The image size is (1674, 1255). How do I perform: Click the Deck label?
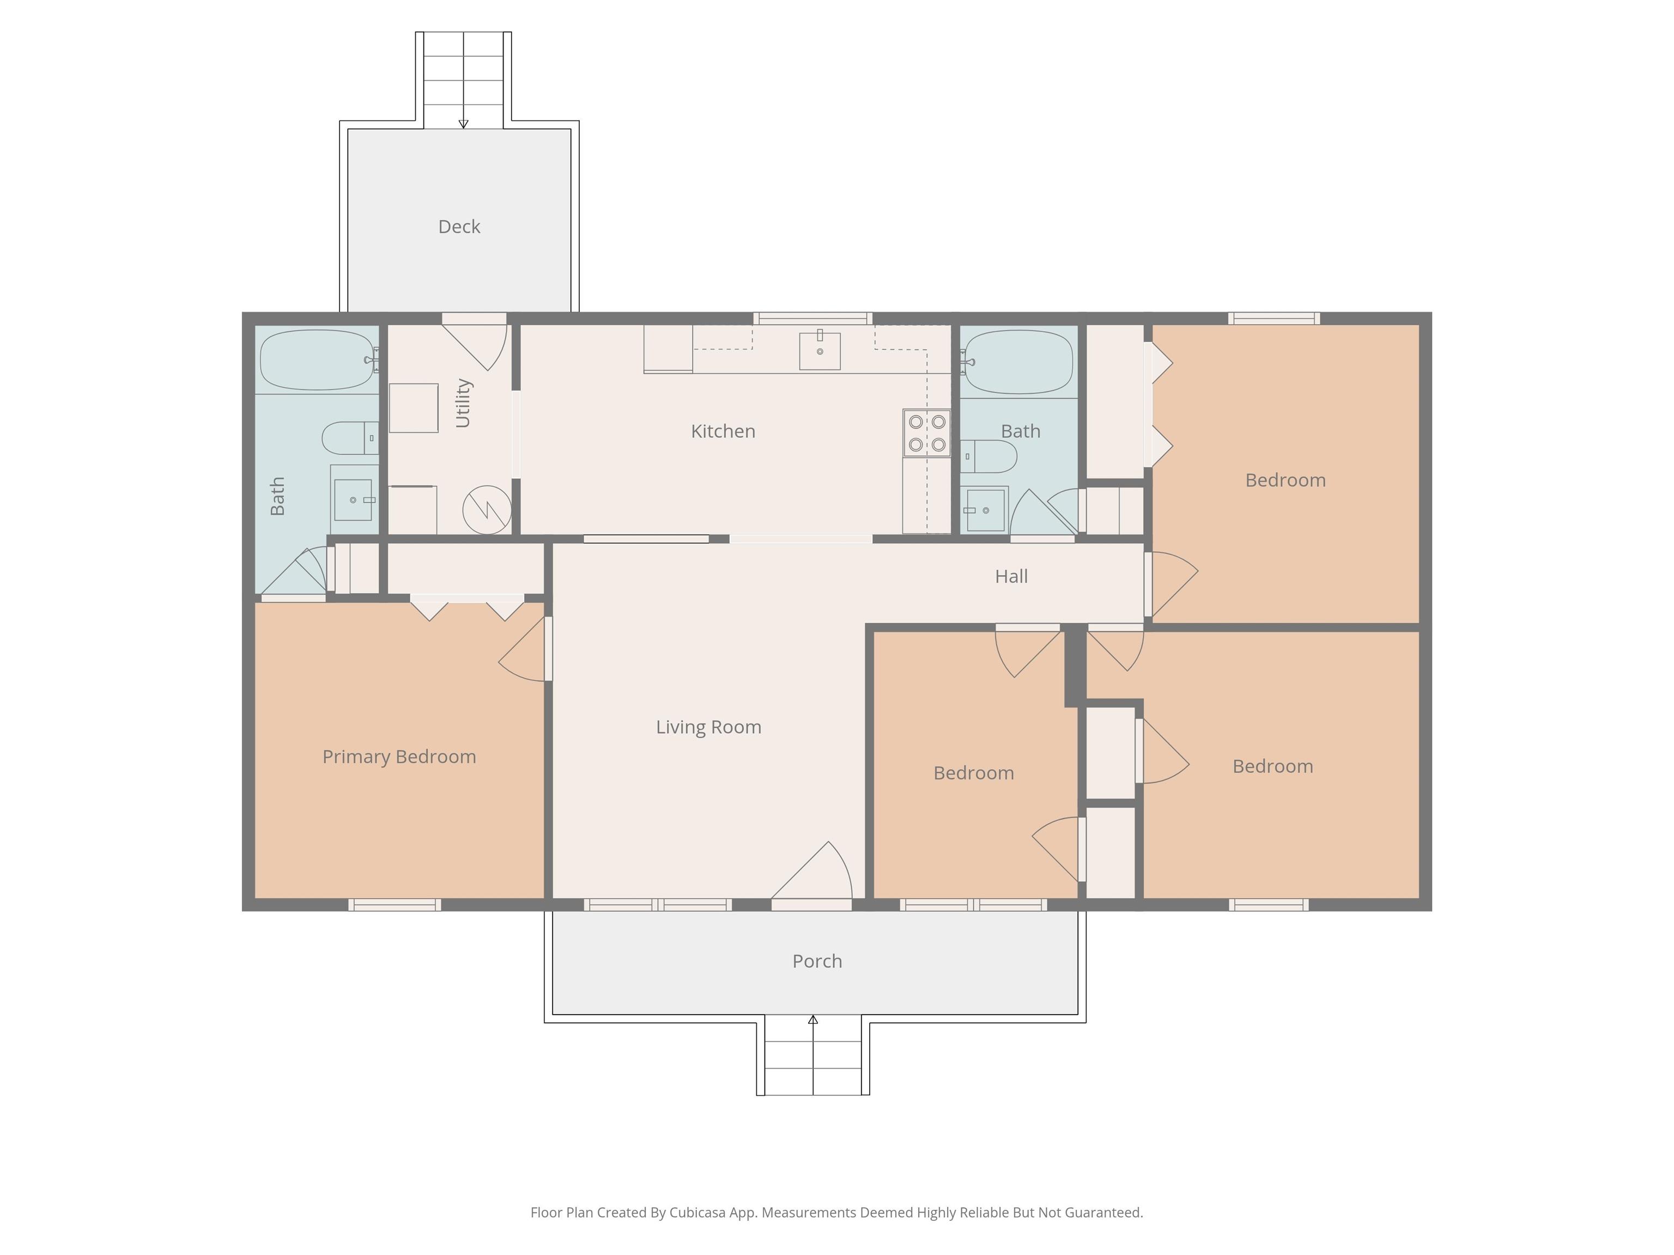[459, 227]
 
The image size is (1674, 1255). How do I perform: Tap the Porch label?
[817, 961]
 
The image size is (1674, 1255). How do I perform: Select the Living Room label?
[708, 727]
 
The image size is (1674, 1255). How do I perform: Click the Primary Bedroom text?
[399, 757]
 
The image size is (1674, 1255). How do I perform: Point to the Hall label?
[1011, 576]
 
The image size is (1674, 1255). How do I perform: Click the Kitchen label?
[723, 431]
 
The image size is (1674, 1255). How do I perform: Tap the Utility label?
[463, 403]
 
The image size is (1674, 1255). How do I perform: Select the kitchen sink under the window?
[820, 350]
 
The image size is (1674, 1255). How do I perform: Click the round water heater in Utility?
[487, 510]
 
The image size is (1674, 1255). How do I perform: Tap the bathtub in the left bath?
[318, 360]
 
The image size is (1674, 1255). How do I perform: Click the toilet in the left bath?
[350, 438]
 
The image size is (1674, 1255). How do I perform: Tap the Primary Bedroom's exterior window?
[395, 905]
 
